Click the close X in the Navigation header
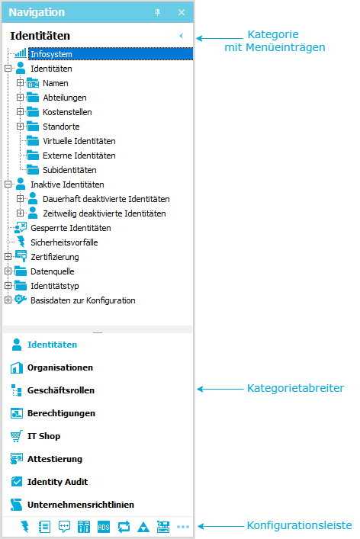[x=182, y=12]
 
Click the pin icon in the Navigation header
[x=157, y=12]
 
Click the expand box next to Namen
[x=21, y=83]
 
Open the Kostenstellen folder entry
[x=67, y=112]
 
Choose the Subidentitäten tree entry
[x=69, y=170]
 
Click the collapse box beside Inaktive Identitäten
[x=8, y=184]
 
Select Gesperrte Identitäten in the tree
[x=70, y=228]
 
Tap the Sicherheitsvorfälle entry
[x=64, y=242]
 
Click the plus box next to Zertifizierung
[x=8, y=257]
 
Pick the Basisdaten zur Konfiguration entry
[x=83, y=300]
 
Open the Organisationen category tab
[x=60, y=367]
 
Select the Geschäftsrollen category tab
[x=61, y=390]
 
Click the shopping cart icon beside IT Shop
[x=17, y=436]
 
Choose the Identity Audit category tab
[x=57, y=482]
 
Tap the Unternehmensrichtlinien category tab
[x=81, y=505]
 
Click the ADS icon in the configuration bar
[x=104, y=527]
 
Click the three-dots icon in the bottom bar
[x=183, y=527]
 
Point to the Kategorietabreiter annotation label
[x=295, y=388]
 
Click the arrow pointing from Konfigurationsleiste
[x=221, y=526]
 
